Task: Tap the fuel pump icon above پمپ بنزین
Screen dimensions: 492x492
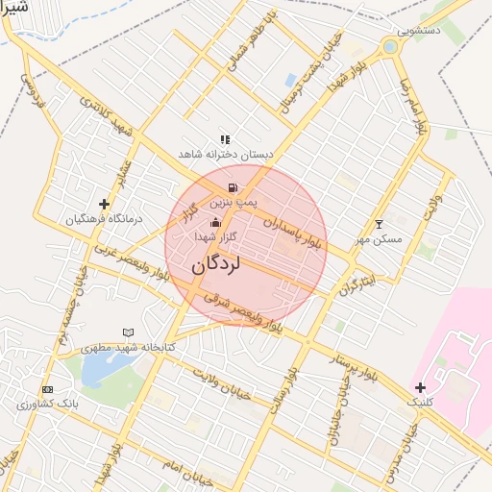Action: tap(232, 187)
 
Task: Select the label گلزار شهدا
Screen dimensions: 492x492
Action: tap(209, 236)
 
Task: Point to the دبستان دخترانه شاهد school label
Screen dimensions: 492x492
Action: tap(226, 154)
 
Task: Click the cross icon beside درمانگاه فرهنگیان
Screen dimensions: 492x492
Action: tap(104, 204)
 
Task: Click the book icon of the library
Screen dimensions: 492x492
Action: tap(128, 332)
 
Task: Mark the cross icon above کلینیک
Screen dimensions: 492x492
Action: tap(420, 387)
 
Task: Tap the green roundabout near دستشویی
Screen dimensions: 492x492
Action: tap(390, 45)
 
